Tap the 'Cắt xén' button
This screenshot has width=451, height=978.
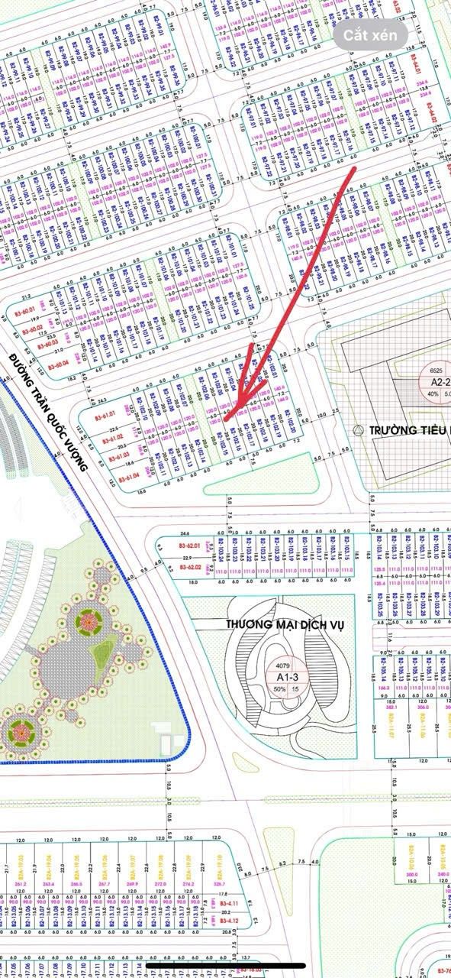(x=369, y=35)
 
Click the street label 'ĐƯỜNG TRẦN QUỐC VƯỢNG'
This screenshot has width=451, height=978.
(x=50, y=413)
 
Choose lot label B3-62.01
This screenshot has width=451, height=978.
(x=188, y=546)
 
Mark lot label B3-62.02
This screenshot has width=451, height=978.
(x=190, y=568)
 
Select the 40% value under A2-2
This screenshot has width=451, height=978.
(x=433, y=394)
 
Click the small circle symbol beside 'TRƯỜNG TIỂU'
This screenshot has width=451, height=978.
(x=359, y=430)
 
